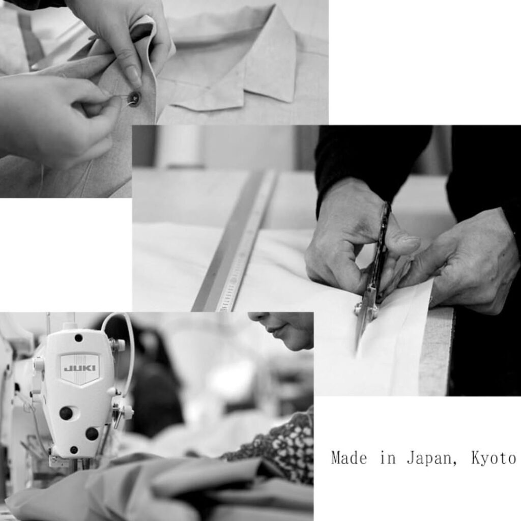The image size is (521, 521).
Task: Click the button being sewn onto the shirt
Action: coord(134,98)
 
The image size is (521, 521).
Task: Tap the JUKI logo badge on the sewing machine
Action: coord(80,368)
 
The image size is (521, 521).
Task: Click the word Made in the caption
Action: coord(349,458)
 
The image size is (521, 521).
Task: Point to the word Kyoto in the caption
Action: coord(494,458)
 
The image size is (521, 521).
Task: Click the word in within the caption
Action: coord(387,458)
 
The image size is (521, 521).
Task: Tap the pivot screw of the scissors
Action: coord(359,309)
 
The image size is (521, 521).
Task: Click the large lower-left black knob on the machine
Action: coord(66,413)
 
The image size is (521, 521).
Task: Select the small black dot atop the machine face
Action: coord(79,338)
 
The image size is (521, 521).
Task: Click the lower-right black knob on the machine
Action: coord(92,433)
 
